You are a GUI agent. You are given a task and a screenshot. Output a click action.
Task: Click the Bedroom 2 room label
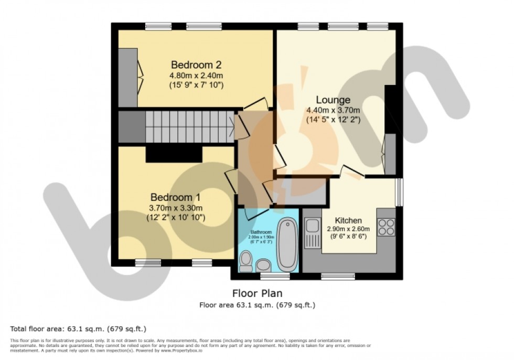point(196,65)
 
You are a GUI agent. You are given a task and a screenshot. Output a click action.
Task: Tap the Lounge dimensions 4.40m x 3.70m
point(333,110)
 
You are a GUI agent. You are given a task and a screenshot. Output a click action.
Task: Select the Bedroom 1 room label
point(175,197)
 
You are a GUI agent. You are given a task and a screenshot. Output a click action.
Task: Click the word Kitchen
point(348,220)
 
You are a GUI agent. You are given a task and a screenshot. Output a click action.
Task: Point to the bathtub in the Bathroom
point(287,245)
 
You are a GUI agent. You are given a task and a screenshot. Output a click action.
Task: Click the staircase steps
point(189,126)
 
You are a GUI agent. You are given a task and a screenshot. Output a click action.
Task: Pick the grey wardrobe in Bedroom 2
point(127,77)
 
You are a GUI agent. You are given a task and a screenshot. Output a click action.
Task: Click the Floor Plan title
point(256,293)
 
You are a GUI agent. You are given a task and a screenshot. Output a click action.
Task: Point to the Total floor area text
point(78,329)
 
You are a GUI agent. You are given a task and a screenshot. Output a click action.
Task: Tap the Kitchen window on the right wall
point(399,193)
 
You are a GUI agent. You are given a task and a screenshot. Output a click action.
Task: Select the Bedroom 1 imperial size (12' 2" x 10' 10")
point(175,217)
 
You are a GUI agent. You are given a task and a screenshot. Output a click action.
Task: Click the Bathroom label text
point(261,232)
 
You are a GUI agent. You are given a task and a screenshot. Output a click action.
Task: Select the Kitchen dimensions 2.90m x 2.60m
point(348,229)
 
